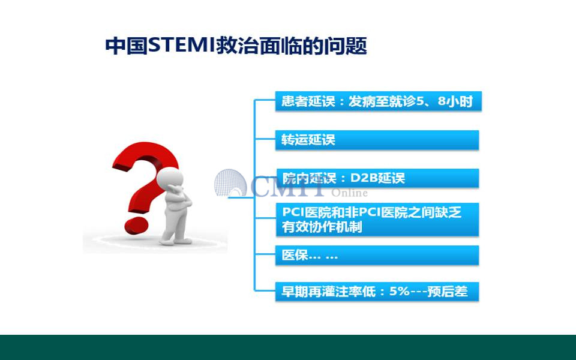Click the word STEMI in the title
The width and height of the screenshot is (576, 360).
[182, 46]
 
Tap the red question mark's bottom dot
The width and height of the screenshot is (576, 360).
[136, 225]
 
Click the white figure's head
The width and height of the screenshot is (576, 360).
[169, 179]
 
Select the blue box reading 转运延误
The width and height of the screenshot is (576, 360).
[377, 140]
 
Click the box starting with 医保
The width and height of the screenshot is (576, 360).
[377, 255]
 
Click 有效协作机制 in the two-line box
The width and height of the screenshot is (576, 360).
[322, 227]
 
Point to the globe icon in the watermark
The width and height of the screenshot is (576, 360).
[230, 183]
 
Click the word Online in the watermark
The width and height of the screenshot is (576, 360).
[349, 193]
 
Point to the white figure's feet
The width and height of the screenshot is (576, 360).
[176, 241]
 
